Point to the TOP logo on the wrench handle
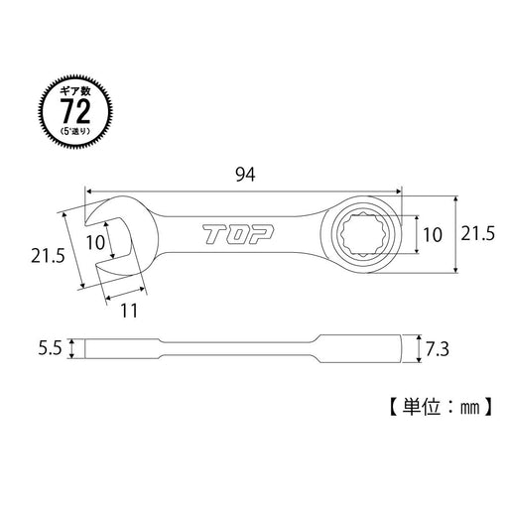tap(243, 237)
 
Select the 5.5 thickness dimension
tap(49, 349)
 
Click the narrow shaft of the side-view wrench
tap(248, 348)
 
